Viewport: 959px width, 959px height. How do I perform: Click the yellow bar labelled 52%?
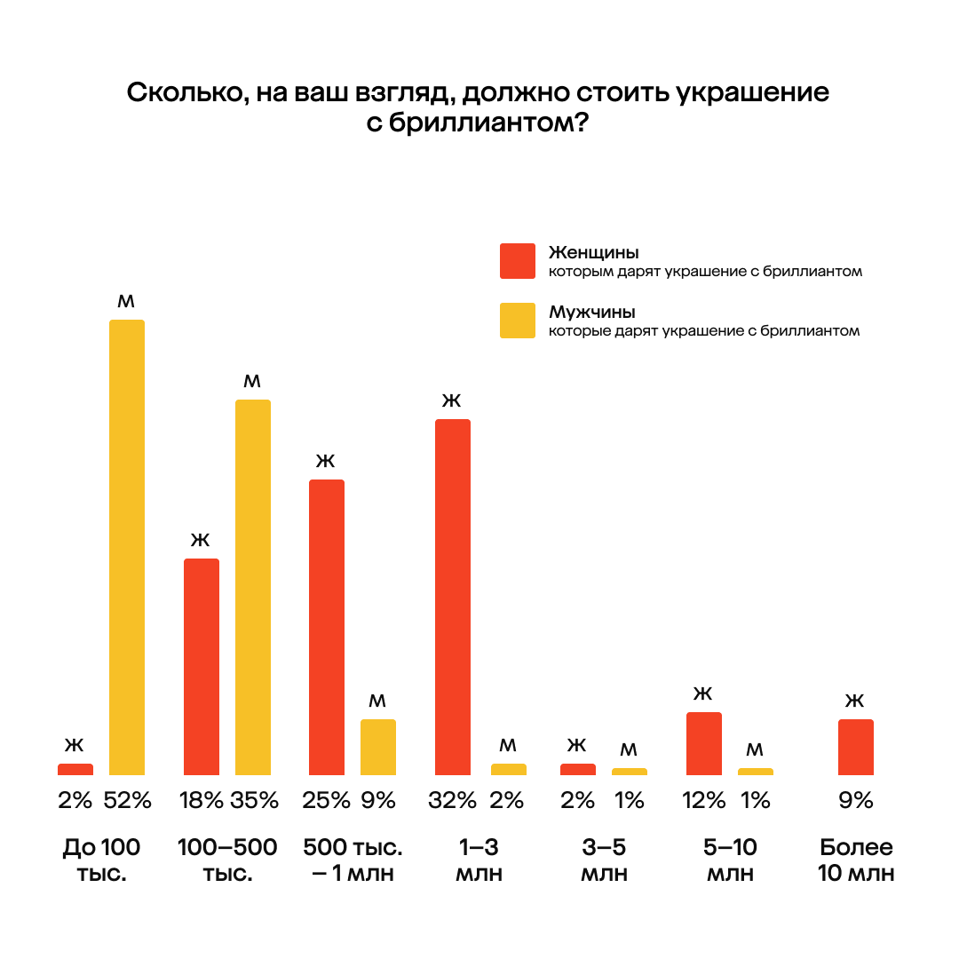(x=127, y=547)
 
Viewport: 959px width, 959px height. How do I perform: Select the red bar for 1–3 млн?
(x=453, y=597)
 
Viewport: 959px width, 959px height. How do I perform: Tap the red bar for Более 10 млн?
(x=856, y=747)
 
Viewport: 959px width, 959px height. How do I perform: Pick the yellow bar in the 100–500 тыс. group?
(x=253, y=587)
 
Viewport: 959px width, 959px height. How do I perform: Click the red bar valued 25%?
(x=327, y=627)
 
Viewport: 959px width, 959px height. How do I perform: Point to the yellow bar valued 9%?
(x=378, y=747)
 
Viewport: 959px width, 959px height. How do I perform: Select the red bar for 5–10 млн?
(x=704, y=743)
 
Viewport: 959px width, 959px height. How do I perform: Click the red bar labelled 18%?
(x=202, y=666)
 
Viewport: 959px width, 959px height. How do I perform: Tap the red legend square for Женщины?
(x=518, y=261)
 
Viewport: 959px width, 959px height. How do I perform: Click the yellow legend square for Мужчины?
(x=518, y=321)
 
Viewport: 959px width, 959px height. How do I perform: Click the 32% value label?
(x=453, y=801)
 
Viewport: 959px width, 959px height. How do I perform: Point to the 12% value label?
(x=704, y=801)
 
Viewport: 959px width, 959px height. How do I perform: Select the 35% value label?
(x=254, y=801)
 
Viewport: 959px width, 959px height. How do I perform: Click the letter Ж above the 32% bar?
(x=452, y=401)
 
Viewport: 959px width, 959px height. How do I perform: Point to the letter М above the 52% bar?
(x=126, y=302)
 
